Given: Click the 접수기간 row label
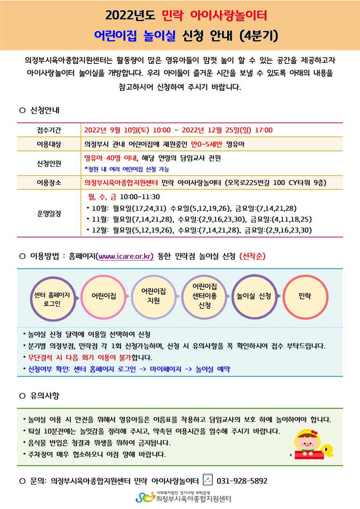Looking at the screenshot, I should [x=49, y=130].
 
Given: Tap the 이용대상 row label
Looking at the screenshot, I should [x=49, y=144].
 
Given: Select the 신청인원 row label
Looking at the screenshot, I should [x=49, y=163].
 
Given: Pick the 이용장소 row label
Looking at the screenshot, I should [x=49, y=183].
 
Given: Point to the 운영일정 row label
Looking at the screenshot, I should [x=49, y=214].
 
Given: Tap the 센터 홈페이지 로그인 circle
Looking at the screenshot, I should [x=52, y=299].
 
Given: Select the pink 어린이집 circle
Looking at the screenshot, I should [x=104, y=296].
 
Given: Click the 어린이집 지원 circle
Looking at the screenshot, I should [x=154, y=296].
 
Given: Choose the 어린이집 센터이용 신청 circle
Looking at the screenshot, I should [x=204, y=296].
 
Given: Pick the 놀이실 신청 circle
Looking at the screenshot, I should [x=254, y=296].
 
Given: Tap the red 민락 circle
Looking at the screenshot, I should [x=305, y=296].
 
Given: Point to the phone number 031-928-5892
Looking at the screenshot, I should [x=242, y=481].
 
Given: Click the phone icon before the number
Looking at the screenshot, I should [x=208, y=480].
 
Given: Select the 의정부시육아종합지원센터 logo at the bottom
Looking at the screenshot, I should [x=184, y=497].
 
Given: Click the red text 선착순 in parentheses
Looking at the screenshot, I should [x=253, y=256].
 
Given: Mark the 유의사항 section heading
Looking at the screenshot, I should [x=45, y=396].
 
